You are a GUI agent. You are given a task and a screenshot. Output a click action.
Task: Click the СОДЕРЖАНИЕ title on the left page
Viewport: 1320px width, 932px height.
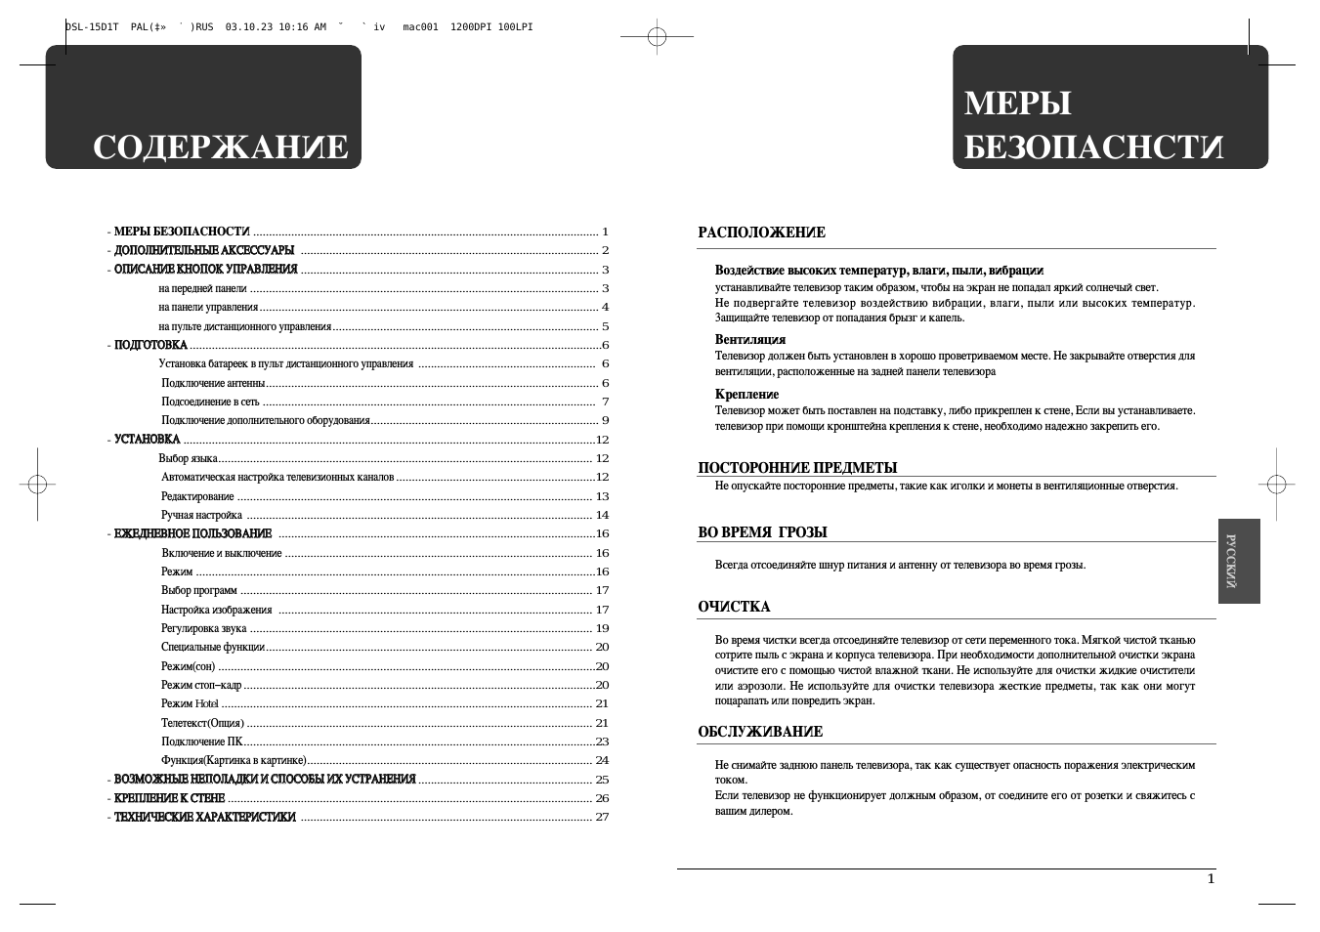220,148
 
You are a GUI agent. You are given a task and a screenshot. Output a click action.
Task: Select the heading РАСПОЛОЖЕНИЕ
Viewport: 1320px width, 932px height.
761,233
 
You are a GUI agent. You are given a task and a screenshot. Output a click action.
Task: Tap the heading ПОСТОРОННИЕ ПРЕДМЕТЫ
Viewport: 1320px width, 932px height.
797,468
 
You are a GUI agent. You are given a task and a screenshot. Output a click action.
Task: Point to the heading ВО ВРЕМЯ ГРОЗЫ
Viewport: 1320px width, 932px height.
762,532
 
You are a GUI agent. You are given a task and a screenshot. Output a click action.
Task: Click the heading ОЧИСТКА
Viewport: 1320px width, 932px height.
734,607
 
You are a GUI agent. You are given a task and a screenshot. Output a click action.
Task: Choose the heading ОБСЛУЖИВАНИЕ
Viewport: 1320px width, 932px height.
760,732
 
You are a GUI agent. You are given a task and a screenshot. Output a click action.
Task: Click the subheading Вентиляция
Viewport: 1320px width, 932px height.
750,340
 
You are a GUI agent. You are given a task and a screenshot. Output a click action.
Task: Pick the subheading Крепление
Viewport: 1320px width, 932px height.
746,395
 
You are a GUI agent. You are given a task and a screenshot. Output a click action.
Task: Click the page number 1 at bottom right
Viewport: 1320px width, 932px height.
1211,878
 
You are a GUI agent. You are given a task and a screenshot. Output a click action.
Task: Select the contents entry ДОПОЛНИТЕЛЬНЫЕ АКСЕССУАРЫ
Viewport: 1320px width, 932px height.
204,251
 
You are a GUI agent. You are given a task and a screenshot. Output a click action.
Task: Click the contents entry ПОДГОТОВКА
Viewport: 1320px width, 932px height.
150,345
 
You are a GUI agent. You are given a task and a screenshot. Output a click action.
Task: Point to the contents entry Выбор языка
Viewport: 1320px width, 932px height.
188,458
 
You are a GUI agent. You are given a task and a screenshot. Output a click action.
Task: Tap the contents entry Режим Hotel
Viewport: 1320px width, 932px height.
190,703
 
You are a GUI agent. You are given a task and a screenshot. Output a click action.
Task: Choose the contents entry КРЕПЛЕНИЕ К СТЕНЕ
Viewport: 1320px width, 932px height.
169,798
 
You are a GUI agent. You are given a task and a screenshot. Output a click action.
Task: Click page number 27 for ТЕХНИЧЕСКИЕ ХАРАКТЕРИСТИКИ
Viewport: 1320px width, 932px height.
602,817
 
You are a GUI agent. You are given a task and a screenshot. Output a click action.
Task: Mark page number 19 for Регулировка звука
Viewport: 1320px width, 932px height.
602,628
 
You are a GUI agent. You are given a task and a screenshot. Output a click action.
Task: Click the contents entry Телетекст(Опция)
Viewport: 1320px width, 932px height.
202,723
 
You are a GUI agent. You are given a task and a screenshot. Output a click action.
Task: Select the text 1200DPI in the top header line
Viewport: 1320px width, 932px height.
469,27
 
